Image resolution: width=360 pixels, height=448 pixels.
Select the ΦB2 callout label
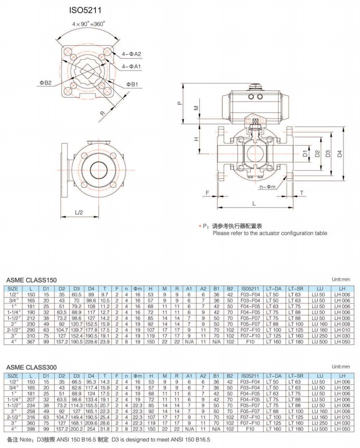[x=45, y=82]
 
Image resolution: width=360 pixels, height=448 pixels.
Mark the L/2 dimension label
[x=79, y=212]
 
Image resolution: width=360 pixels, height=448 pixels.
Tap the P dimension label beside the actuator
[x=178, y=103]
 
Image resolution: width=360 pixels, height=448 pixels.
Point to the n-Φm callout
[x=268, y=186]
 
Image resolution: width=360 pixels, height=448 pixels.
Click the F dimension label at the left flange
[x=207, y=193]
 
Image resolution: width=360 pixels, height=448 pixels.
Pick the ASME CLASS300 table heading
[x=31, y=367]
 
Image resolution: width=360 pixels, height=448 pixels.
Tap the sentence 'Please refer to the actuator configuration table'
[x=269, y=233]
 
